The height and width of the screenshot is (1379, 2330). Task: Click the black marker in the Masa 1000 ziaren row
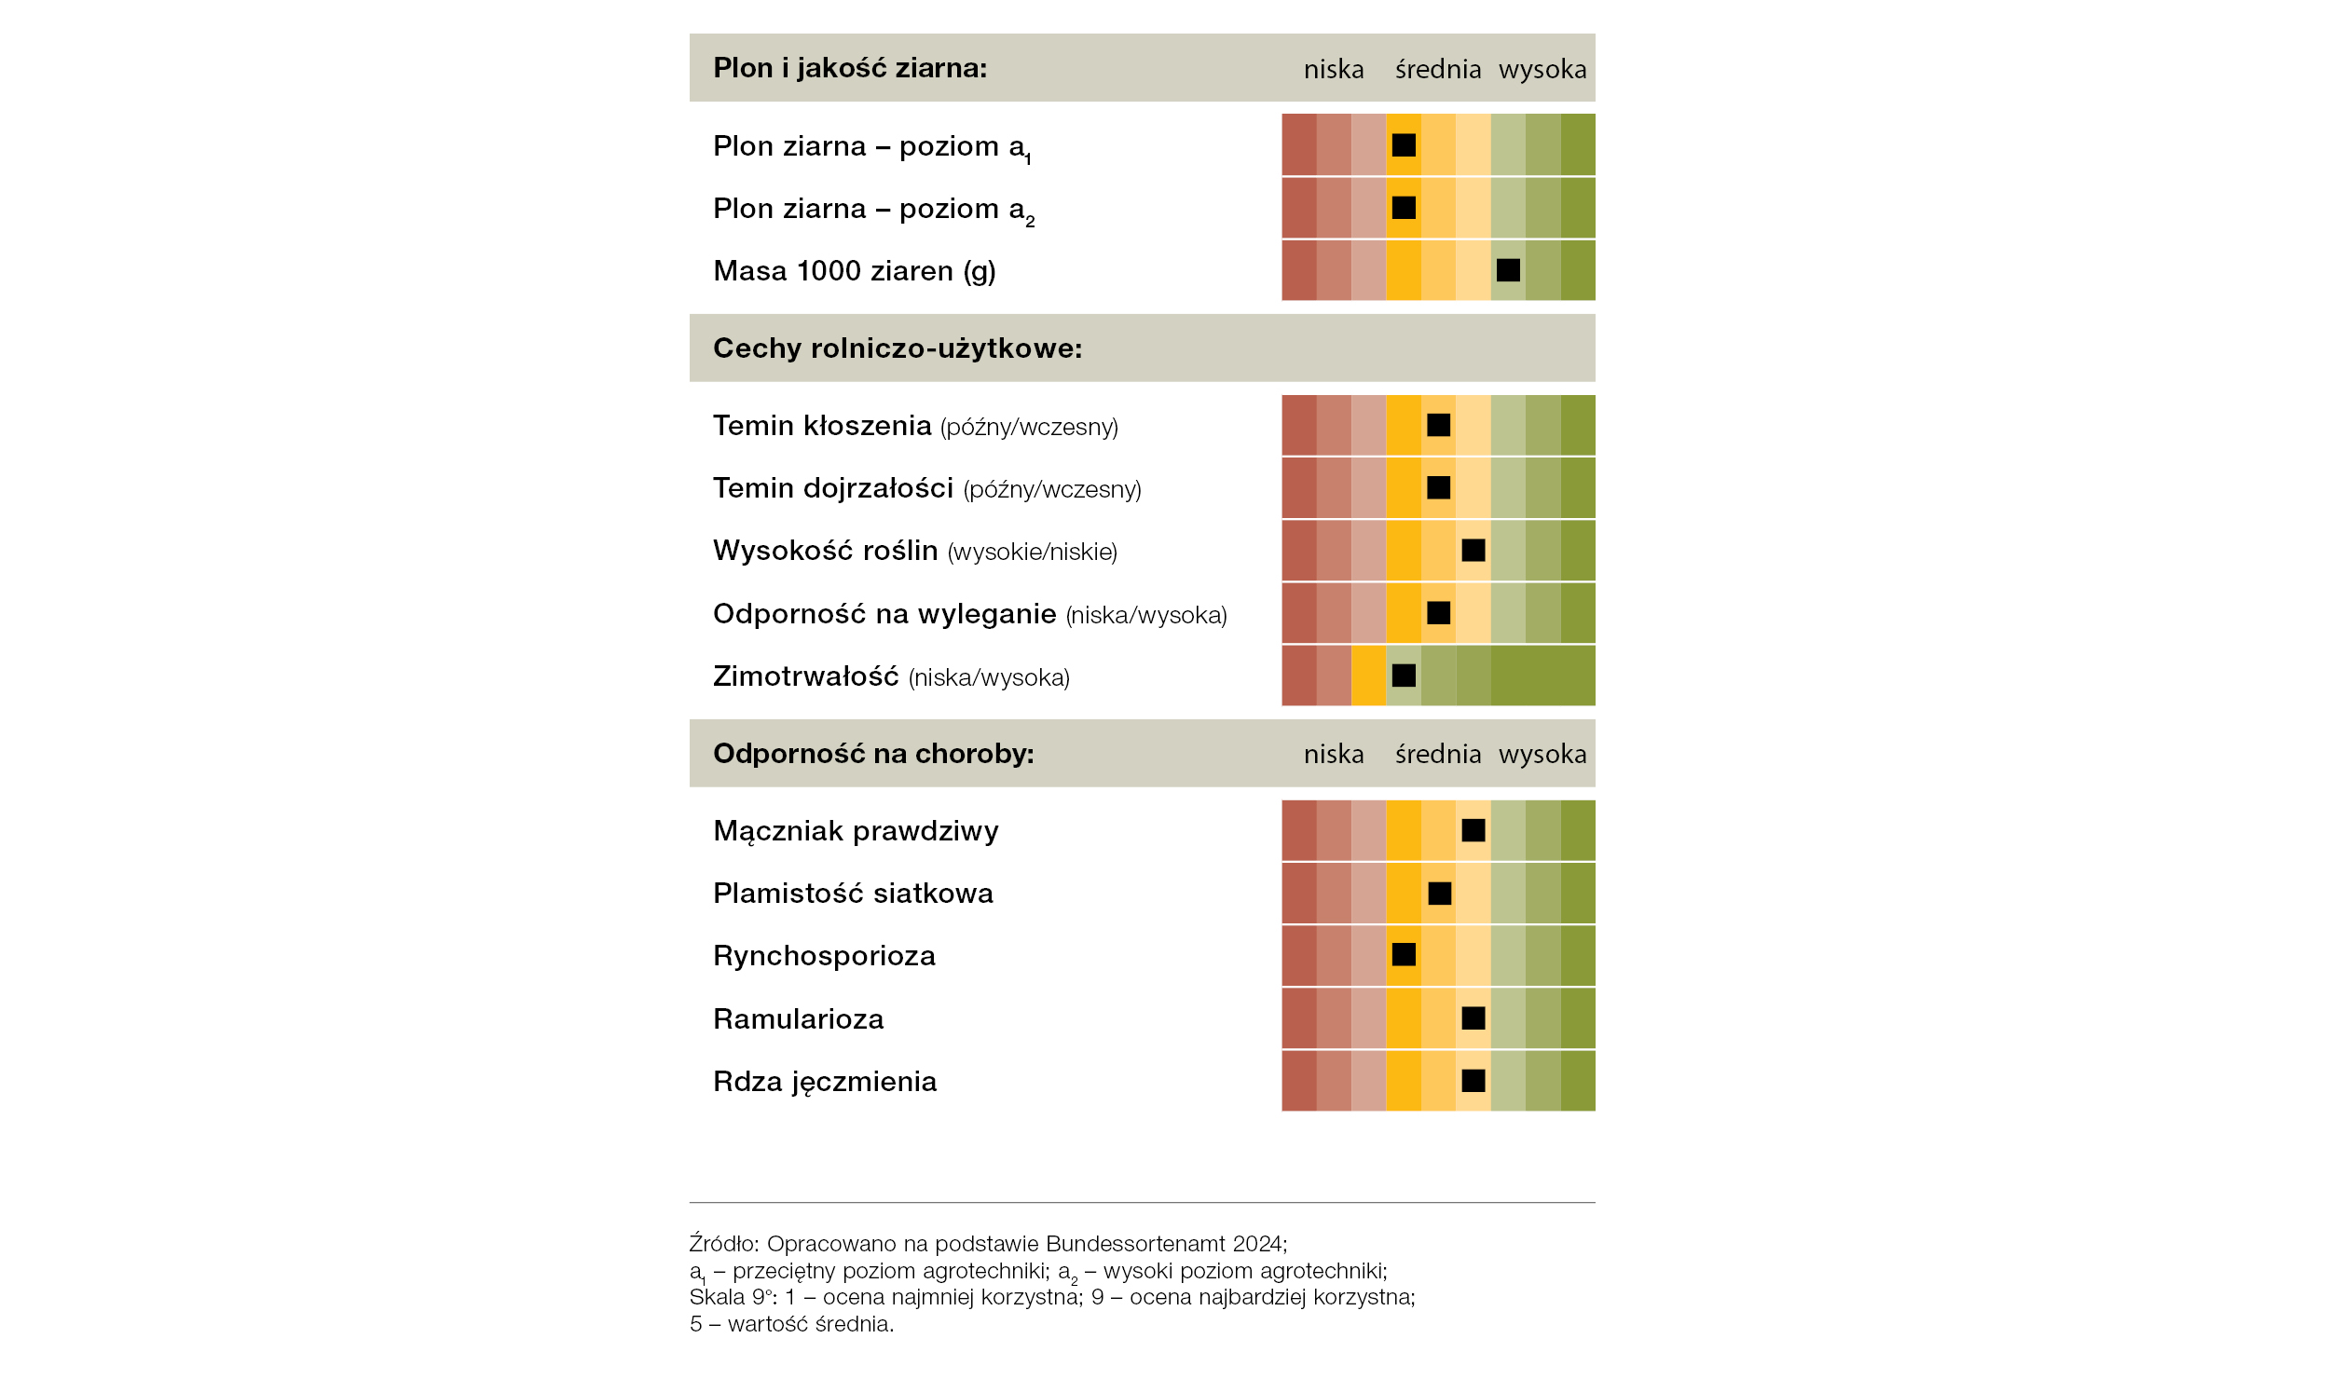(1508, 270)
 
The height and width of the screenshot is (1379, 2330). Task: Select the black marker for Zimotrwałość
(1404, 676)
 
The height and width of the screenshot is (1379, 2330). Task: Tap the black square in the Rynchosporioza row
(1404, 954)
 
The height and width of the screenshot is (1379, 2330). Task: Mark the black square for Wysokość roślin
(1473, 550)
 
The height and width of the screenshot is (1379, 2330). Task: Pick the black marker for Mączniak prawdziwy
(1473, 830)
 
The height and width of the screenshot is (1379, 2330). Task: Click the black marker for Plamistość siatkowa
(1440, 894)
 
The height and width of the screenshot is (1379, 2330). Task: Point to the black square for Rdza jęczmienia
(1473, 1081)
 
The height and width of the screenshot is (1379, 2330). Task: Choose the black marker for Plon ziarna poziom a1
(1404, 144)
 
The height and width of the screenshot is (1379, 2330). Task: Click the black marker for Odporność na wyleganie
(1439, 612)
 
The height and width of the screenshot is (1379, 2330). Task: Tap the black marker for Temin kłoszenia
(1439, 425)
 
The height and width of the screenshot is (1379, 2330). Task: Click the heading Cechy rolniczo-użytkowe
(898, 348)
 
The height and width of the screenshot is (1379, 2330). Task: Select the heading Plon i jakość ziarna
(850, 68)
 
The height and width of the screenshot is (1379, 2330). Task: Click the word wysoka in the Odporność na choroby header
(1542, 754)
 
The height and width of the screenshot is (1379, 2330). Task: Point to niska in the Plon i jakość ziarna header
(1334, 69)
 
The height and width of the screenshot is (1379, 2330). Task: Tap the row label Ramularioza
(798, 1018)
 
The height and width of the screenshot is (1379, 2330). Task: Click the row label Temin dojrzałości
(833, 488)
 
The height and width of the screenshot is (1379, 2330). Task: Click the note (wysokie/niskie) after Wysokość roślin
(1033, 552)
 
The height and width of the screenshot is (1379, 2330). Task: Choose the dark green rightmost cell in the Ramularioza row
(1578, 1018)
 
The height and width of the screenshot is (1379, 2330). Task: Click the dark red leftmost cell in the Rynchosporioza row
(1299, 956)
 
